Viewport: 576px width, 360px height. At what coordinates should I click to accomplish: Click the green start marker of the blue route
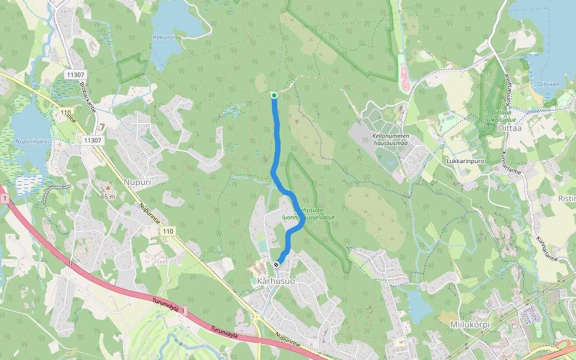pyautogui.click(x=274, y=95)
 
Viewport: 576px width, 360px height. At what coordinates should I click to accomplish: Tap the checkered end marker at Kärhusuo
pyautogui.click(x=276, y=265)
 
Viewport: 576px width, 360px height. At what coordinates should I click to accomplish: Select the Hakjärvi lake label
pyautogui.click(x=164, y=37)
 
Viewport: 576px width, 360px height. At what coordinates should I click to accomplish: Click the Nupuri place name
pyautogui.click(x=136, y=182)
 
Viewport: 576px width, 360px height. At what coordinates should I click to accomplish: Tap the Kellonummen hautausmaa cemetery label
pyautogui.click(x=390, y=140)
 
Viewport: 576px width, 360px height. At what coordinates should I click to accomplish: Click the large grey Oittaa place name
pyautogui.click(x=509, y=128)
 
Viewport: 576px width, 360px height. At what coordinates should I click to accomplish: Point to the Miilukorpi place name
pyautogui.click(x=470, y=325)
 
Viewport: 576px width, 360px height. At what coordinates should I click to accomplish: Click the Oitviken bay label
pyautogui.click(x=548, y=85)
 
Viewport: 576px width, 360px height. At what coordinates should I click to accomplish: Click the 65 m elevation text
pyautogui.click(x=108, y=196)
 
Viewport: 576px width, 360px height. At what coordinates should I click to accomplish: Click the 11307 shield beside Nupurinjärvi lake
pyautogui.click(x=93, y=140)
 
